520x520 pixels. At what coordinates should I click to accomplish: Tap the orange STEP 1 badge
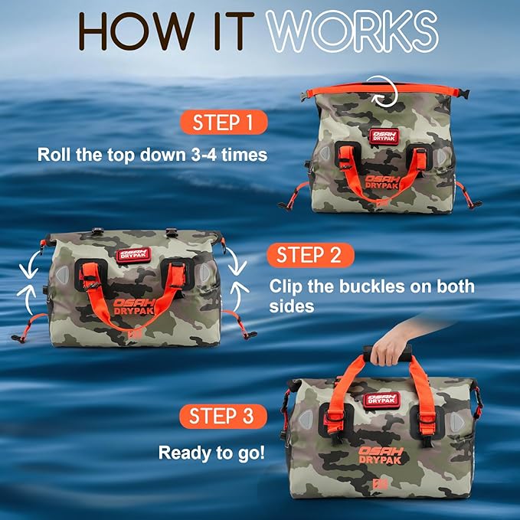click(x=224, y=123)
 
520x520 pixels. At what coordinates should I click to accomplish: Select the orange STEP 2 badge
click(x=309, y=255)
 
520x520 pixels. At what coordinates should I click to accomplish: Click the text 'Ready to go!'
click(x=212, y=453)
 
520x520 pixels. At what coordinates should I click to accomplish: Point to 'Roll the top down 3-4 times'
click(x=152, y=155)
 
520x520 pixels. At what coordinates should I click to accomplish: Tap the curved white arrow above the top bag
click(x=379, y=90)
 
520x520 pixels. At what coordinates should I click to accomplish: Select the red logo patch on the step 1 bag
click(x=383, y=136)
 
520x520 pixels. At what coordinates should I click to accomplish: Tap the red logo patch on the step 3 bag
click(x=381, y=397)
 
